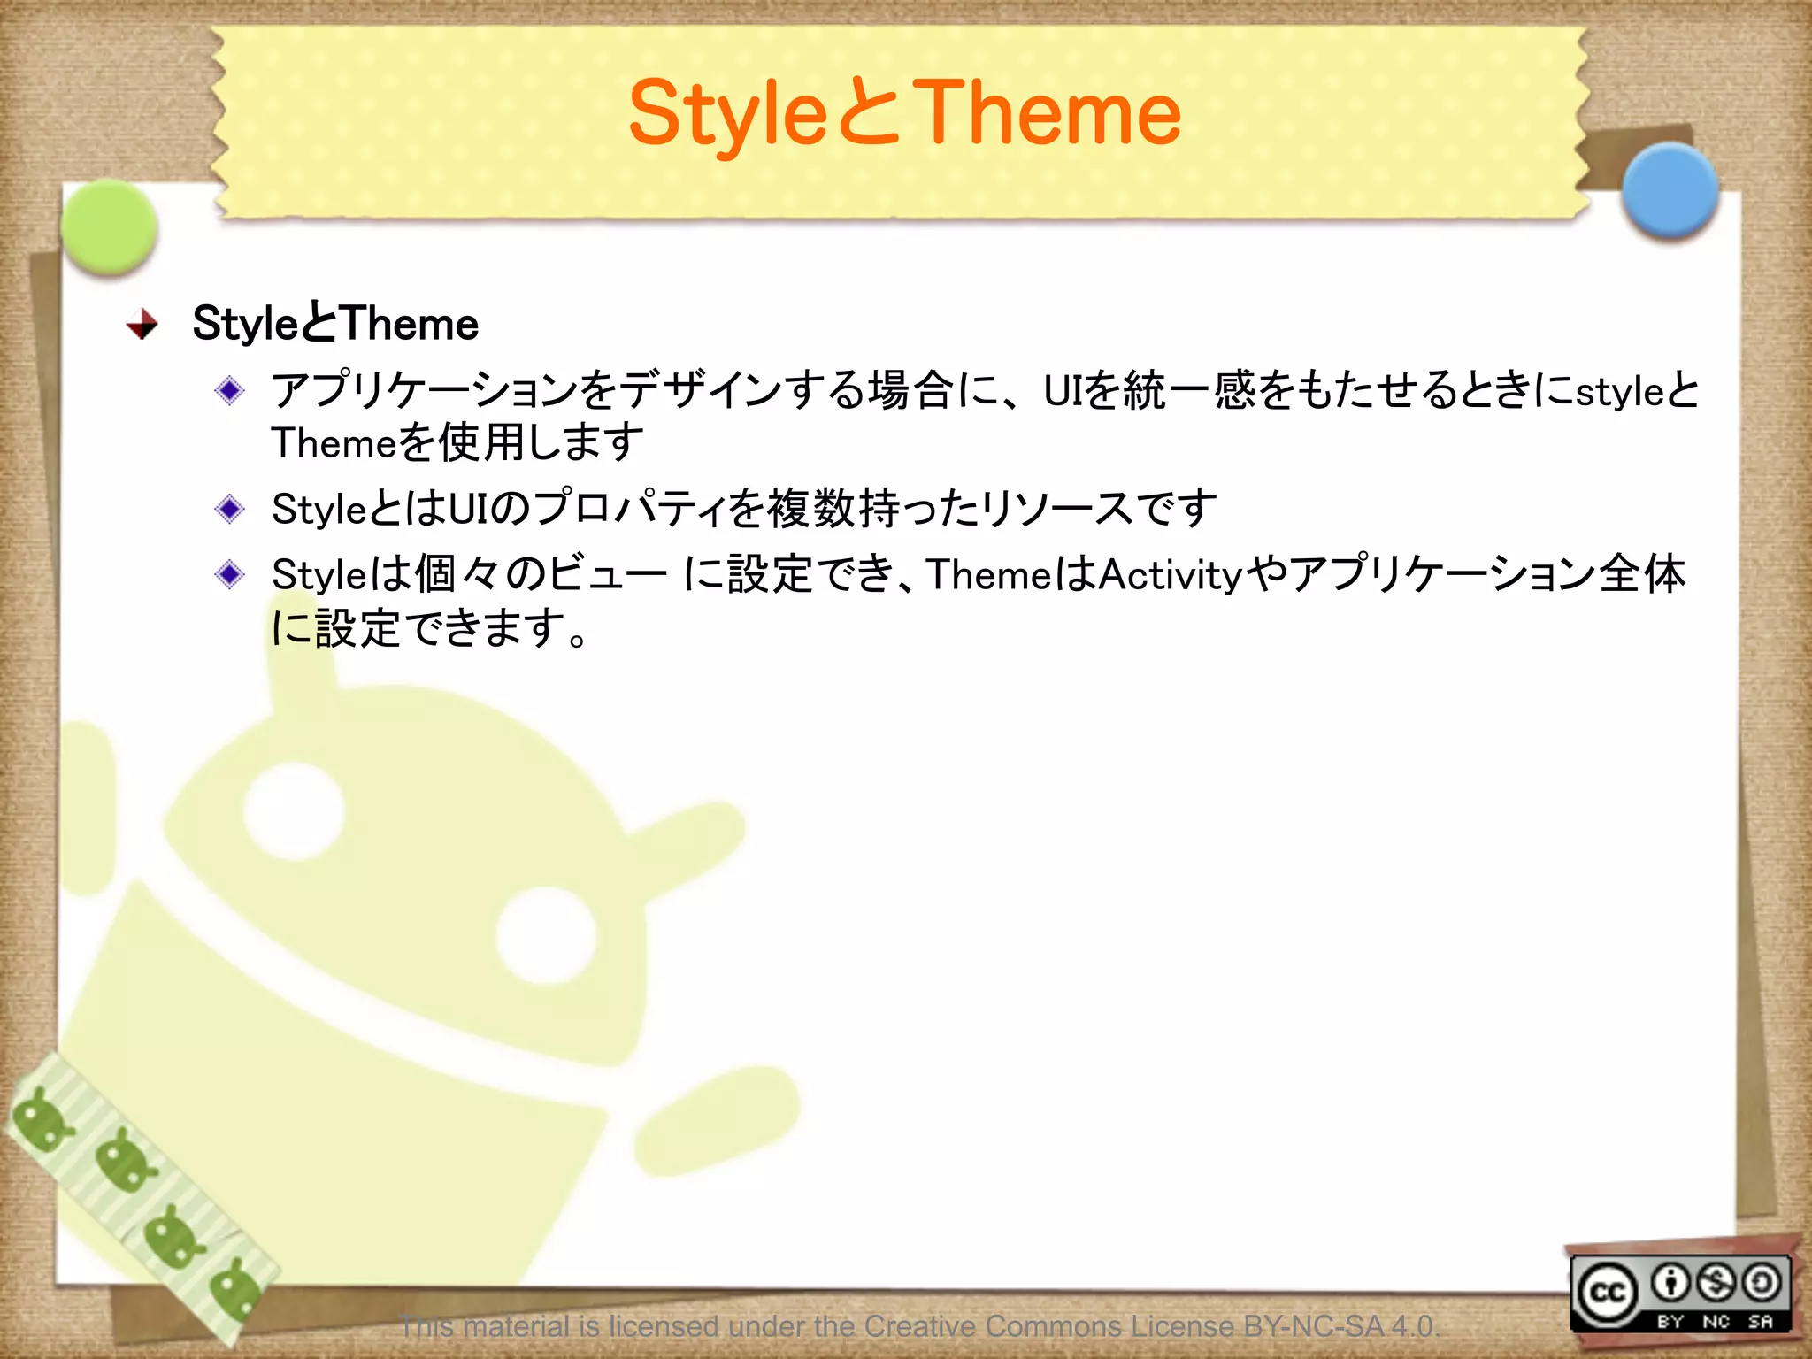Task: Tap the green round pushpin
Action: coord(110,226)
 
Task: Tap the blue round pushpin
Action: coord(1670,189)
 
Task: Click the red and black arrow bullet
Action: coord(142,324)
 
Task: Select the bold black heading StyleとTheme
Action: coord(335,323)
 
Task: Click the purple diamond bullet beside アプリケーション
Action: coord(230,390)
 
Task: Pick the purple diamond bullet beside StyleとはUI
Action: coord(230,509)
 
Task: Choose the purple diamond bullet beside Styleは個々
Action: coord(230,574)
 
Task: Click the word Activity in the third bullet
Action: coord(1170,575)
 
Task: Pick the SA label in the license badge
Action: coord(1761,1321)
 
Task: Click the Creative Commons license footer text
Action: coord(920,1326)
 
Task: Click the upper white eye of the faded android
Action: coord(294,810)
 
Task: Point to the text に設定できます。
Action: coord(429,628)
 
